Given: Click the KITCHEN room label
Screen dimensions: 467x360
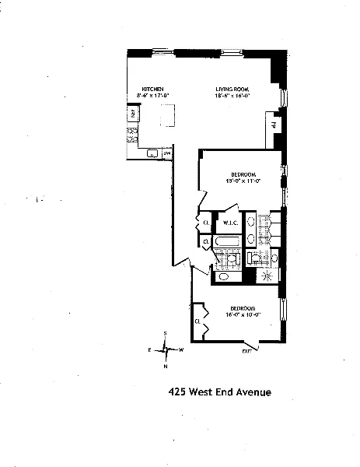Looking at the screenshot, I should pos(152,90).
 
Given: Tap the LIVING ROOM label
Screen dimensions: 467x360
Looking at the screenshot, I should pos(232,90).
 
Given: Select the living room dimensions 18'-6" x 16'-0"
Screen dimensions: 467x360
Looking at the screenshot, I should pos(232,97).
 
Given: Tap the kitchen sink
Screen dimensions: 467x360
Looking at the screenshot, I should pos(152,153).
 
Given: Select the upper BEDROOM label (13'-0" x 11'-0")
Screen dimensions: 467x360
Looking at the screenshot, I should pos(243,174).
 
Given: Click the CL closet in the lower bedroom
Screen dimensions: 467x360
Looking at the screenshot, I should pos(199,321).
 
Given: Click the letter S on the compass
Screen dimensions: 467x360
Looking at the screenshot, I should pos(166,334).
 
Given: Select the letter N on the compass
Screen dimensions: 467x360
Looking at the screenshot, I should pos(166,366).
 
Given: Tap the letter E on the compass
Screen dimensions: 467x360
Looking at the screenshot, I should pos(149,350).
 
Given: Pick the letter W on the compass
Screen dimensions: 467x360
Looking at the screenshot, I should pos(182,350).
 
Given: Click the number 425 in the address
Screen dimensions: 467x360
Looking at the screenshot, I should pos(178,392).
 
